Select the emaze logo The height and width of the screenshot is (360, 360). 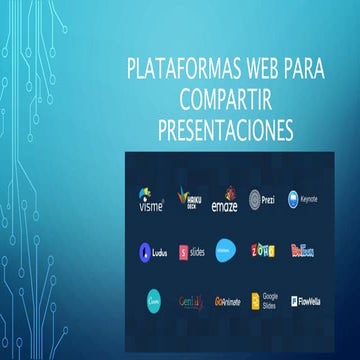[226, 199]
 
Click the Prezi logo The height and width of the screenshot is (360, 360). [262, 199]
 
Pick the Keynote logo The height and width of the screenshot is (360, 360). [303, 199]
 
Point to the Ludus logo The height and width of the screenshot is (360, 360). [151, 251]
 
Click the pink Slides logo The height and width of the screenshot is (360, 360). [191, 251]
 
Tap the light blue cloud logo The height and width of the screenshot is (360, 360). [226, 250]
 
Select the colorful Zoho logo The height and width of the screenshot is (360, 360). [262, 250]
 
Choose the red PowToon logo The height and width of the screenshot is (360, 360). [302, 250]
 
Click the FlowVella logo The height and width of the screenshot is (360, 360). [302, 300]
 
